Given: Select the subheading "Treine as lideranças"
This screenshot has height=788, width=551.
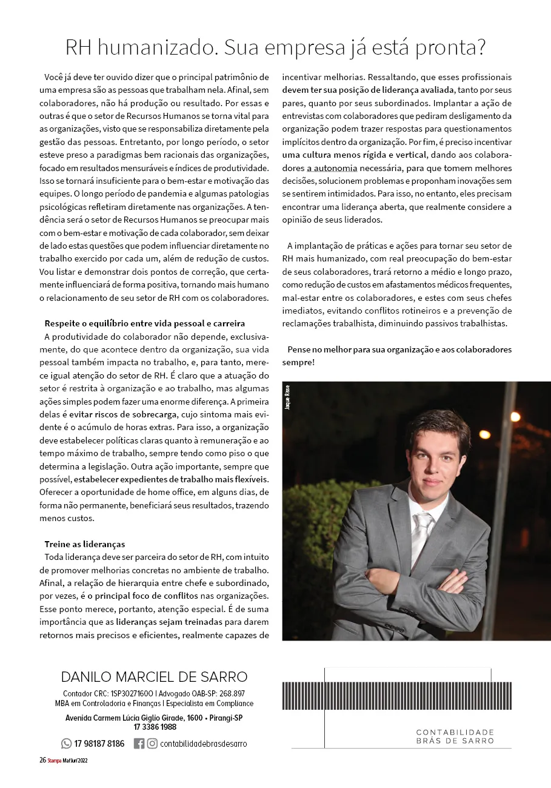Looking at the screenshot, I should (x=85, y=544).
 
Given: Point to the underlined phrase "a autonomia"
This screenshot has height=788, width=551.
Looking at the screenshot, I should (x=332, y=168).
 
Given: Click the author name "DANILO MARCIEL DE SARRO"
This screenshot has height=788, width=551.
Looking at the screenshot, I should (x=154, y=676).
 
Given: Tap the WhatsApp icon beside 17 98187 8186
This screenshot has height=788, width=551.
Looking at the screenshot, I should (x=66, y=743).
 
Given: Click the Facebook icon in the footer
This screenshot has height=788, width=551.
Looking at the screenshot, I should (x=139, y=743).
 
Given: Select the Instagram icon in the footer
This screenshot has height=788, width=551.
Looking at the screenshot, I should (x=152, y=743).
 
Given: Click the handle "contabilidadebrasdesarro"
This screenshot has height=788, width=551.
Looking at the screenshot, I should (x=204, y=744).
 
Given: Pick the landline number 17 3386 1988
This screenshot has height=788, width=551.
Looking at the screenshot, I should (x=155, y=727).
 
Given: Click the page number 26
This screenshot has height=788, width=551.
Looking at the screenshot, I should (x=42, y=761).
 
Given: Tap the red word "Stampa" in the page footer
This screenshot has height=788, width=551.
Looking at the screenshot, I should (x=55, y=761).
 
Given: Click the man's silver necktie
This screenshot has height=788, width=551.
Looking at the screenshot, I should (x=421, y=534).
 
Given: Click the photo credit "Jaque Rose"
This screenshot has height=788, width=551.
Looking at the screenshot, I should (x=287, y=397).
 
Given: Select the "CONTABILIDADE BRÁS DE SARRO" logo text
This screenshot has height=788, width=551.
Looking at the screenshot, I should (x=455, y=736).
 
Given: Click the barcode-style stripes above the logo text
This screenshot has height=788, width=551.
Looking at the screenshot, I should (x=396, y=696).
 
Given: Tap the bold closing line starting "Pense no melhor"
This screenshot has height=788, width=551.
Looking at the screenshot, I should (x=396, y=355).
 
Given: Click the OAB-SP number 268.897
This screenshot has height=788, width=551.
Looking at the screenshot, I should (x=232, y=693).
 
